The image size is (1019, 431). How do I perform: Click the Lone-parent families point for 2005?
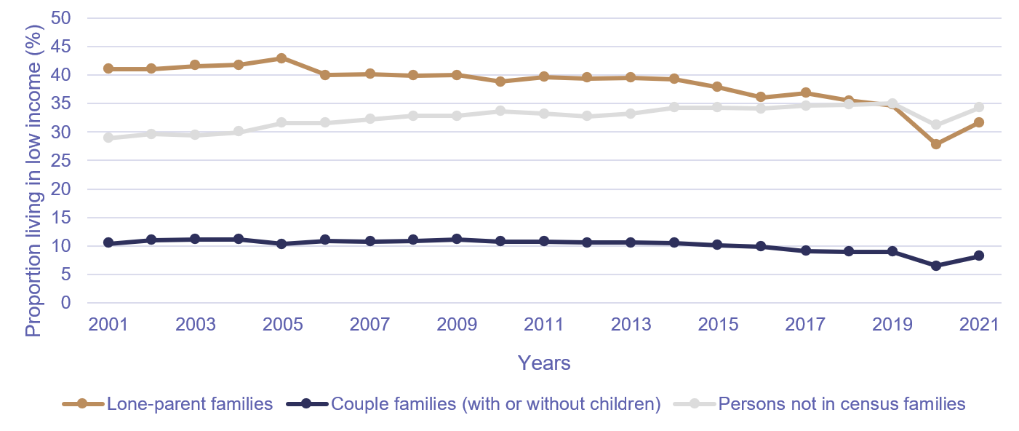[282, 58]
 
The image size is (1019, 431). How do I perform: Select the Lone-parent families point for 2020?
[935, 144]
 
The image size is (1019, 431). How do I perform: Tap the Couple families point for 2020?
[935, 266]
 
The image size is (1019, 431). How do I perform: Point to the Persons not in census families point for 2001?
[108, 138]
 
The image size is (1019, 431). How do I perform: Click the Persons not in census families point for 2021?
[979, 107]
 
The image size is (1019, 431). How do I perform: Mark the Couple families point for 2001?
[108, 242]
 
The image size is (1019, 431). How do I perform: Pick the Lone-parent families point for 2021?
[979, 122]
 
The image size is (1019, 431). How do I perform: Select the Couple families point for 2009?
[457, 239]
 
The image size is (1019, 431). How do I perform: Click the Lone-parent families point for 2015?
[718, 87]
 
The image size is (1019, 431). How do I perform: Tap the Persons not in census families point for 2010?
[500, 111]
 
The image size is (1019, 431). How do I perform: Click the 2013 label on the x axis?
[631, 325]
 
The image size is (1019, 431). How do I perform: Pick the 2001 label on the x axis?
[108, 325]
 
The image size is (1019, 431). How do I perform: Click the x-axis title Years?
[543, 363]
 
